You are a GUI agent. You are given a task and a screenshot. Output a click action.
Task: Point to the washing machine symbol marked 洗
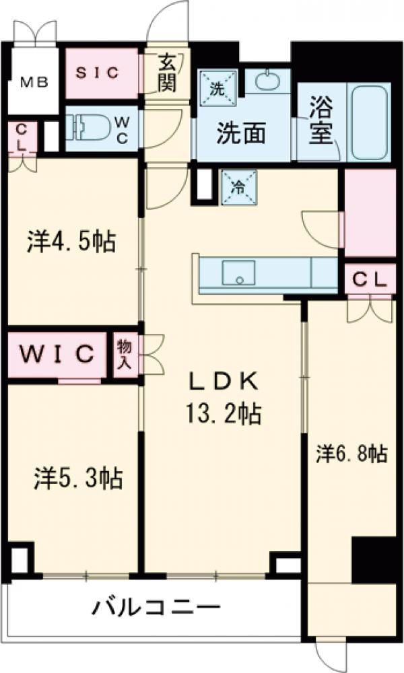(x=217, y=87)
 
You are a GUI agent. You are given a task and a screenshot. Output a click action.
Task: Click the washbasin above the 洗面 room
(x=267, y=81)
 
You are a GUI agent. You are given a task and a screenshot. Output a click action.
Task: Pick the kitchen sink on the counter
(x=238, y=273)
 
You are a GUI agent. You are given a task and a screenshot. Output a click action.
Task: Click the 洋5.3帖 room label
(x=78, y=479)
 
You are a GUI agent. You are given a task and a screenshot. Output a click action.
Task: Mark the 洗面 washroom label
(x=240, y=134)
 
